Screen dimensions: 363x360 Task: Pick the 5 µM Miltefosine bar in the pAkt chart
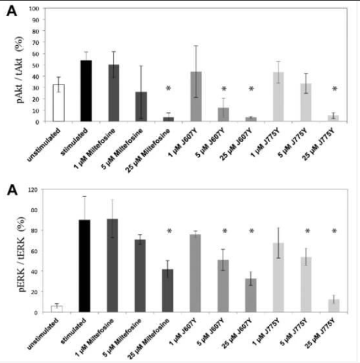[x=141, y=107]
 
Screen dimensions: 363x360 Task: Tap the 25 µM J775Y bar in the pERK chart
[x=333, y=306]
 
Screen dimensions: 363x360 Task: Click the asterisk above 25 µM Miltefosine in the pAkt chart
[x=168, y=89]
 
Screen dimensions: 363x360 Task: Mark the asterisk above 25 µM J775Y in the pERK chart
[x=334, y=232]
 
